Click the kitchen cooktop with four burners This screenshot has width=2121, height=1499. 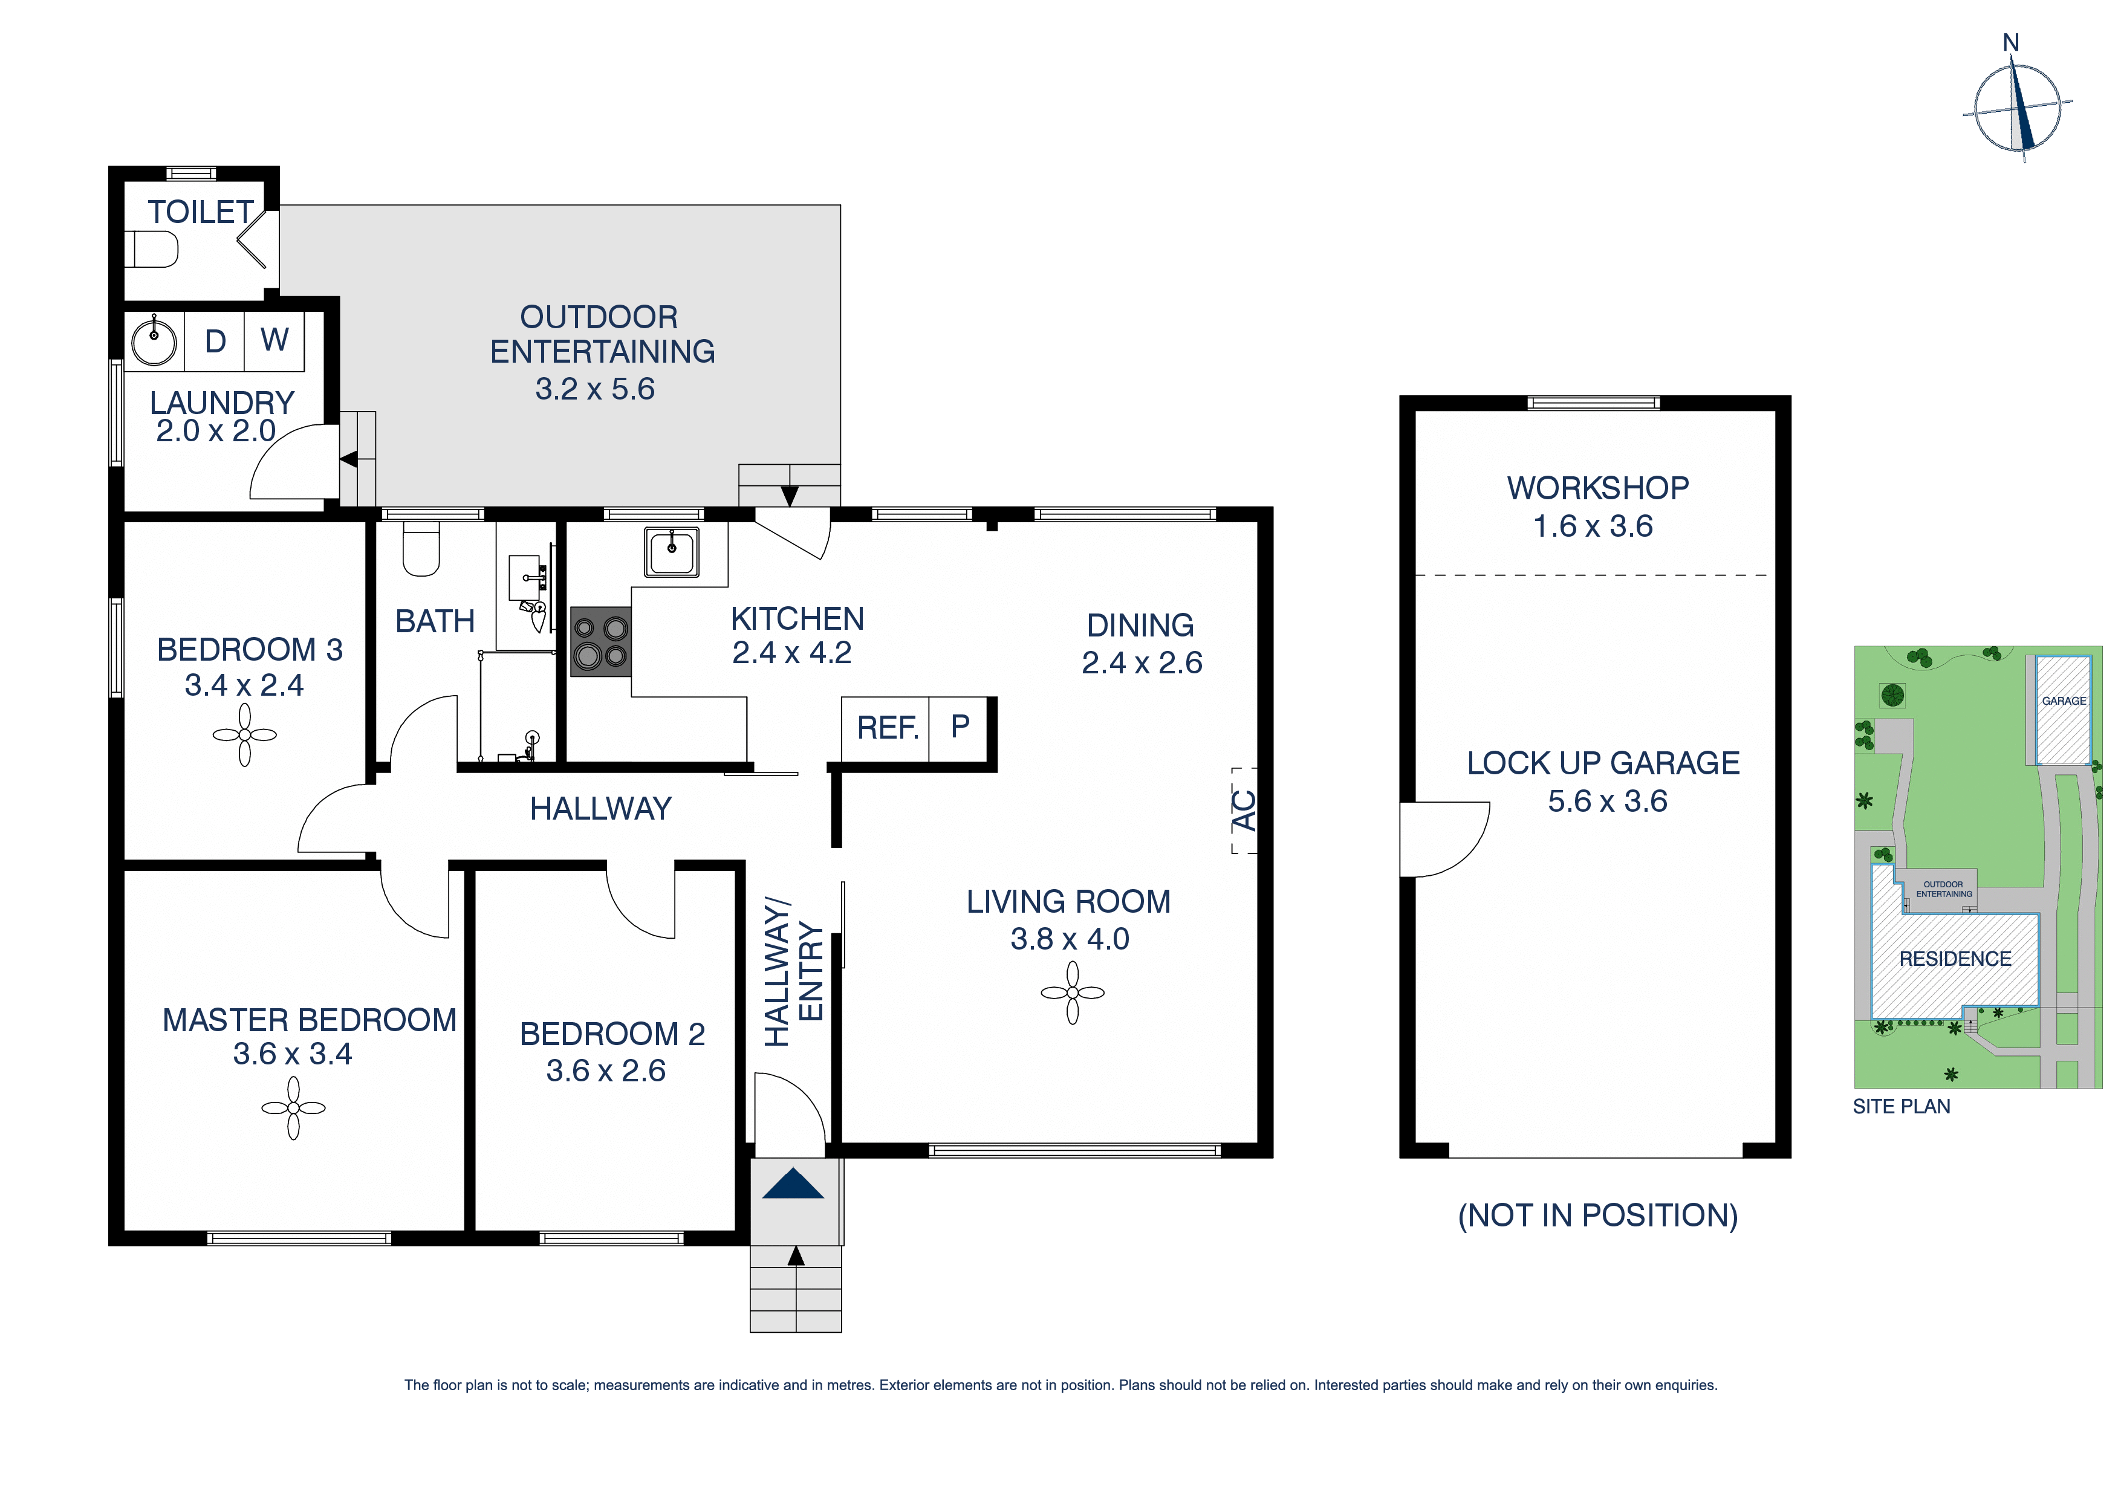(x=600, y=642)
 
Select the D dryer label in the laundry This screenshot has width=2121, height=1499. (x=215, y=341)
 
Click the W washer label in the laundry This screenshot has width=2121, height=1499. (x=274, y=340)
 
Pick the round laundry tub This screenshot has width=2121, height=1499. (x=154, y=342)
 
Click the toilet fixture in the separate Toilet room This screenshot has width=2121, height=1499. (x=154, y=250)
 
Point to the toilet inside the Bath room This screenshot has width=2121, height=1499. (x=421, y=549)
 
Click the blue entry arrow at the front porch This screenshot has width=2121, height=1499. (x=793, y=1184)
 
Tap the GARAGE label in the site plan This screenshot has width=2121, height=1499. (x=2064, y=701)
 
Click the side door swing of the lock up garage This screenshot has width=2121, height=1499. (x=1443, y=838)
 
